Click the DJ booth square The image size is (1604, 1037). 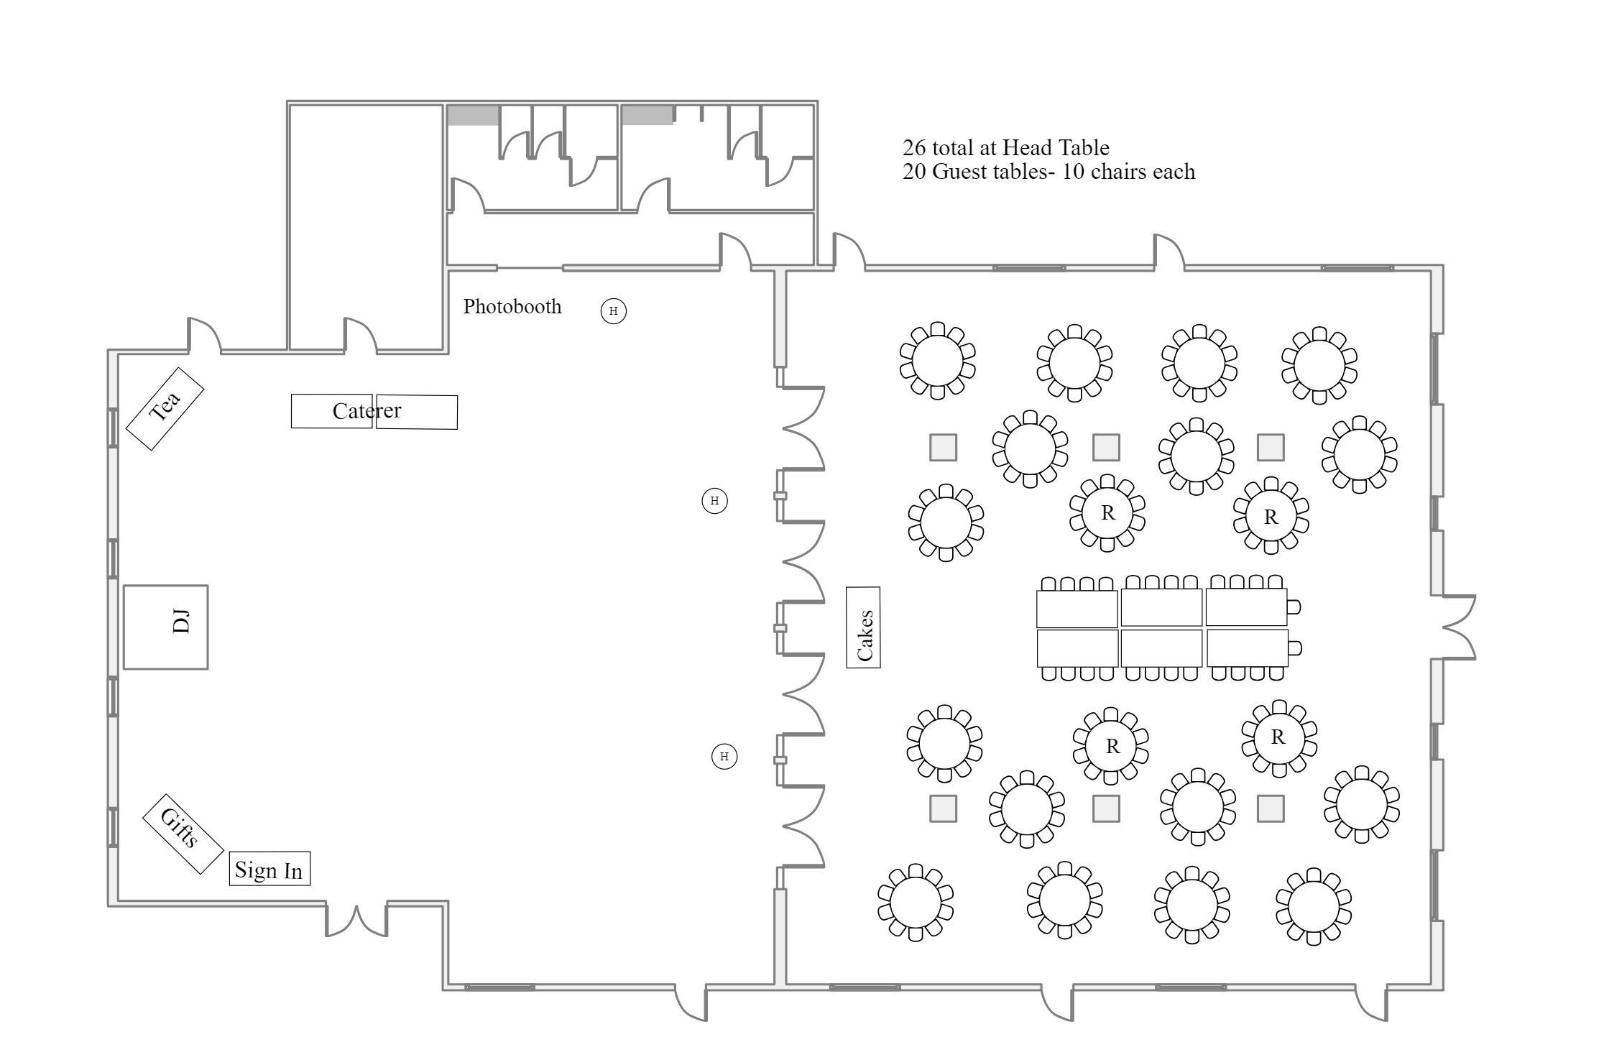pyautogui.click(x=165, y=627)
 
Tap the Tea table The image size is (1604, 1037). pyautogui.click(x=165, y=409)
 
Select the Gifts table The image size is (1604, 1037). pyautogui.click(x=183, y=834)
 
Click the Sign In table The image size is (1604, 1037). pyautogui.click(x=269, y=868)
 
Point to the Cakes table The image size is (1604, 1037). pyautogui.click(x=863, y=627)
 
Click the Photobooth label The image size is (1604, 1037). pyautogui.click(x=512, y=306)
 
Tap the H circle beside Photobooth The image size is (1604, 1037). pyautogui.click(x=613, y=311)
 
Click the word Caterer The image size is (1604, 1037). pyautogui.click(x=367, y=410)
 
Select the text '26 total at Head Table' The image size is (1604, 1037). pyautogui.click(x=1005, y=147)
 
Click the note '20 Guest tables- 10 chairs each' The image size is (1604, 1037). pyautogui.click(x=1048, y=172)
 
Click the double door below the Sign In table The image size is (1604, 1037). pyautogui.click(x=356, y=920)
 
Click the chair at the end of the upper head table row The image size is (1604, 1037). pyautogui.click(x=1294, y=607)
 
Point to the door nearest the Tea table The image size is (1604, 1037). pyautogui.click(x=205, y=335)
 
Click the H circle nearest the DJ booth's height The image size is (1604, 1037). pyautogui.click(x=714, y=501)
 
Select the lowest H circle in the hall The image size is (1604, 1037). pyautogui.click(x=724, y=756)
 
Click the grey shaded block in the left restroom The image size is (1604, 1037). pyautogui.click(x=474, y=115)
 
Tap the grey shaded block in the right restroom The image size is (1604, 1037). pyautogui.click(x=647, y=115)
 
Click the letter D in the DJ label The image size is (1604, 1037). pyautogui.click(x=182, y=626)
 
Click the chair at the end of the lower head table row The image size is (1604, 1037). pyautogui.click(x=1294, y=648)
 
